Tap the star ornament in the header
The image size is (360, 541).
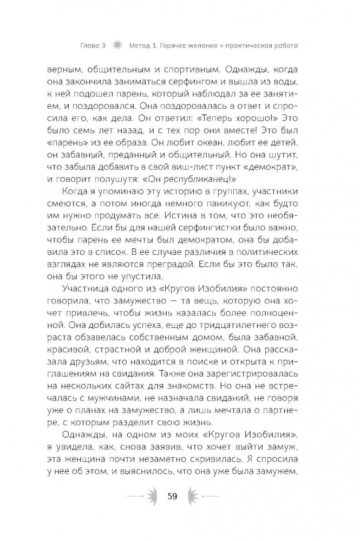pyautogui.click(x=116, y=45)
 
